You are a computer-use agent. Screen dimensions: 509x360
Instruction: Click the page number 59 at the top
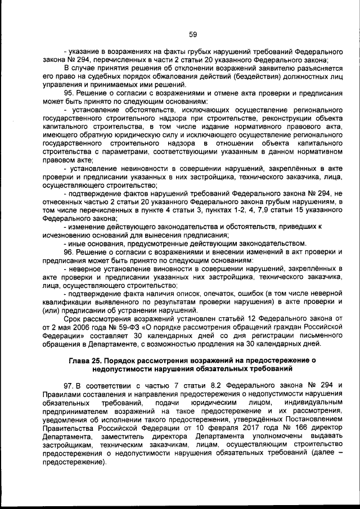tap(192, 34)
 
